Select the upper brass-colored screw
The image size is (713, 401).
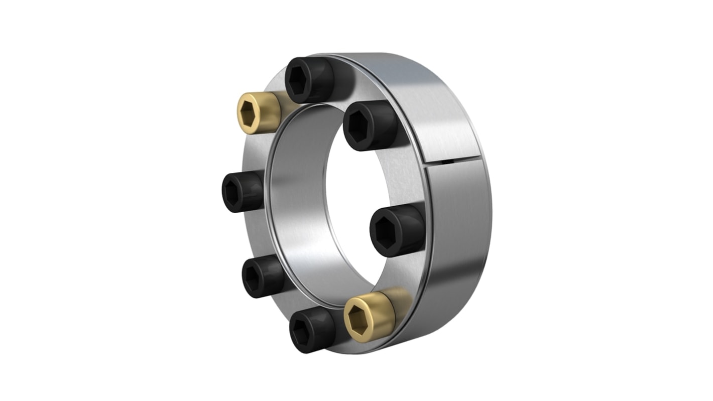258,113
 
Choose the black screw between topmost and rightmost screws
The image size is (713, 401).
370,125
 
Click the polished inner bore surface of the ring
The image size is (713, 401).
296,211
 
